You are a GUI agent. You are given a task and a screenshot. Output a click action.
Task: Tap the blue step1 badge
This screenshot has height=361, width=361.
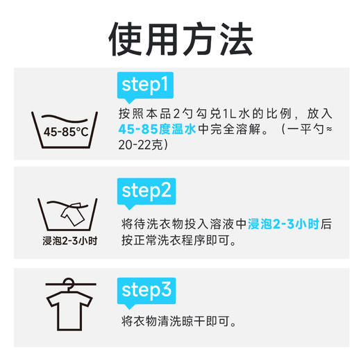point(144,85)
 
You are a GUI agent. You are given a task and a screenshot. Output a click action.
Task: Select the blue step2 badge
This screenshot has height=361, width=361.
point(145,190)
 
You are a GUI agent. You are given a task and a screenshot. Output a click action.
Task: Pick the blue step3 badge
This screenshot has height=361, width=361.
point(145,289)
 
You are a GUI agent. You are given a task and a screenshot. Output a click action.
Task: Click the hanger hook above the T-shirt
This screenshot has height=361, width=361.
point(67,283)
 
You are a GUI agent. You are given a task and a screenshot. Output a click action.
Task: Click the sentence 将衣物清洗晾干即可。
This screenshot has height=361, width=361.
point(178,321)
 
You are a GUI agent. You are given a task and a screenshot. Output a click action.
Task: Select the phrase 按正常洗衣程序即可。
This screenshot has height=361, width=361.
point(178,241)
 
